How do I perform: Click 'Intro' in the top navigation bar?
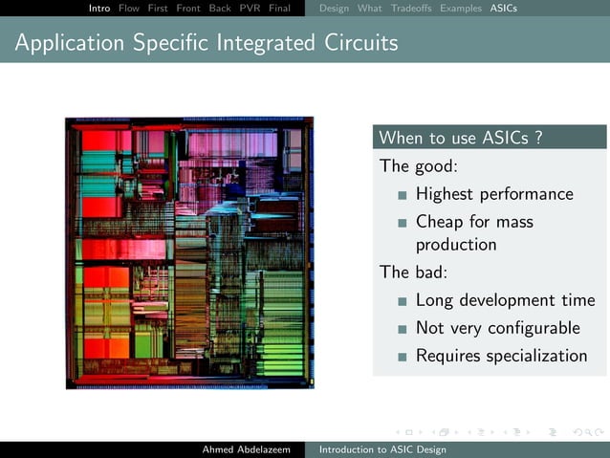point(99,9)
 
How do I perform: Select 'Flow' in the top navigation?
point(129,9)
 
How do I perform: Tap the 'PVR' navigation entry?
point(250,9)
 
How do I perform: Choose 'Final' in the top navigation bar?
point(279,9)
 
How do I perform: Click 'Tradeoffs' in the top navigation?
point(411,9)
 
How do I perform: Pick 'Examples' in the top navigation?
point(461,9)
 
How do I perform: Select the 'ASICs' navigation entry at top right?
point(504,9)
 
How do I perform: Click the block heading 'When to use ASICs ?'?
point(462,138)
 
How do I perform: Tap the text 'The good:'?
point(419,166)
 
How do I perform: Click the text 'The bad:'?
point(414,272)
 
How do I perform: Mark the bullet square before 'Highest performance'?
point(403,195)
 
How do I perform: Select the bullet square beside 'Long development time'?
point(403,301)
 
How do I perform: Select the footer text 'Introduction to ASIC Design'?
point(382,449)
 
